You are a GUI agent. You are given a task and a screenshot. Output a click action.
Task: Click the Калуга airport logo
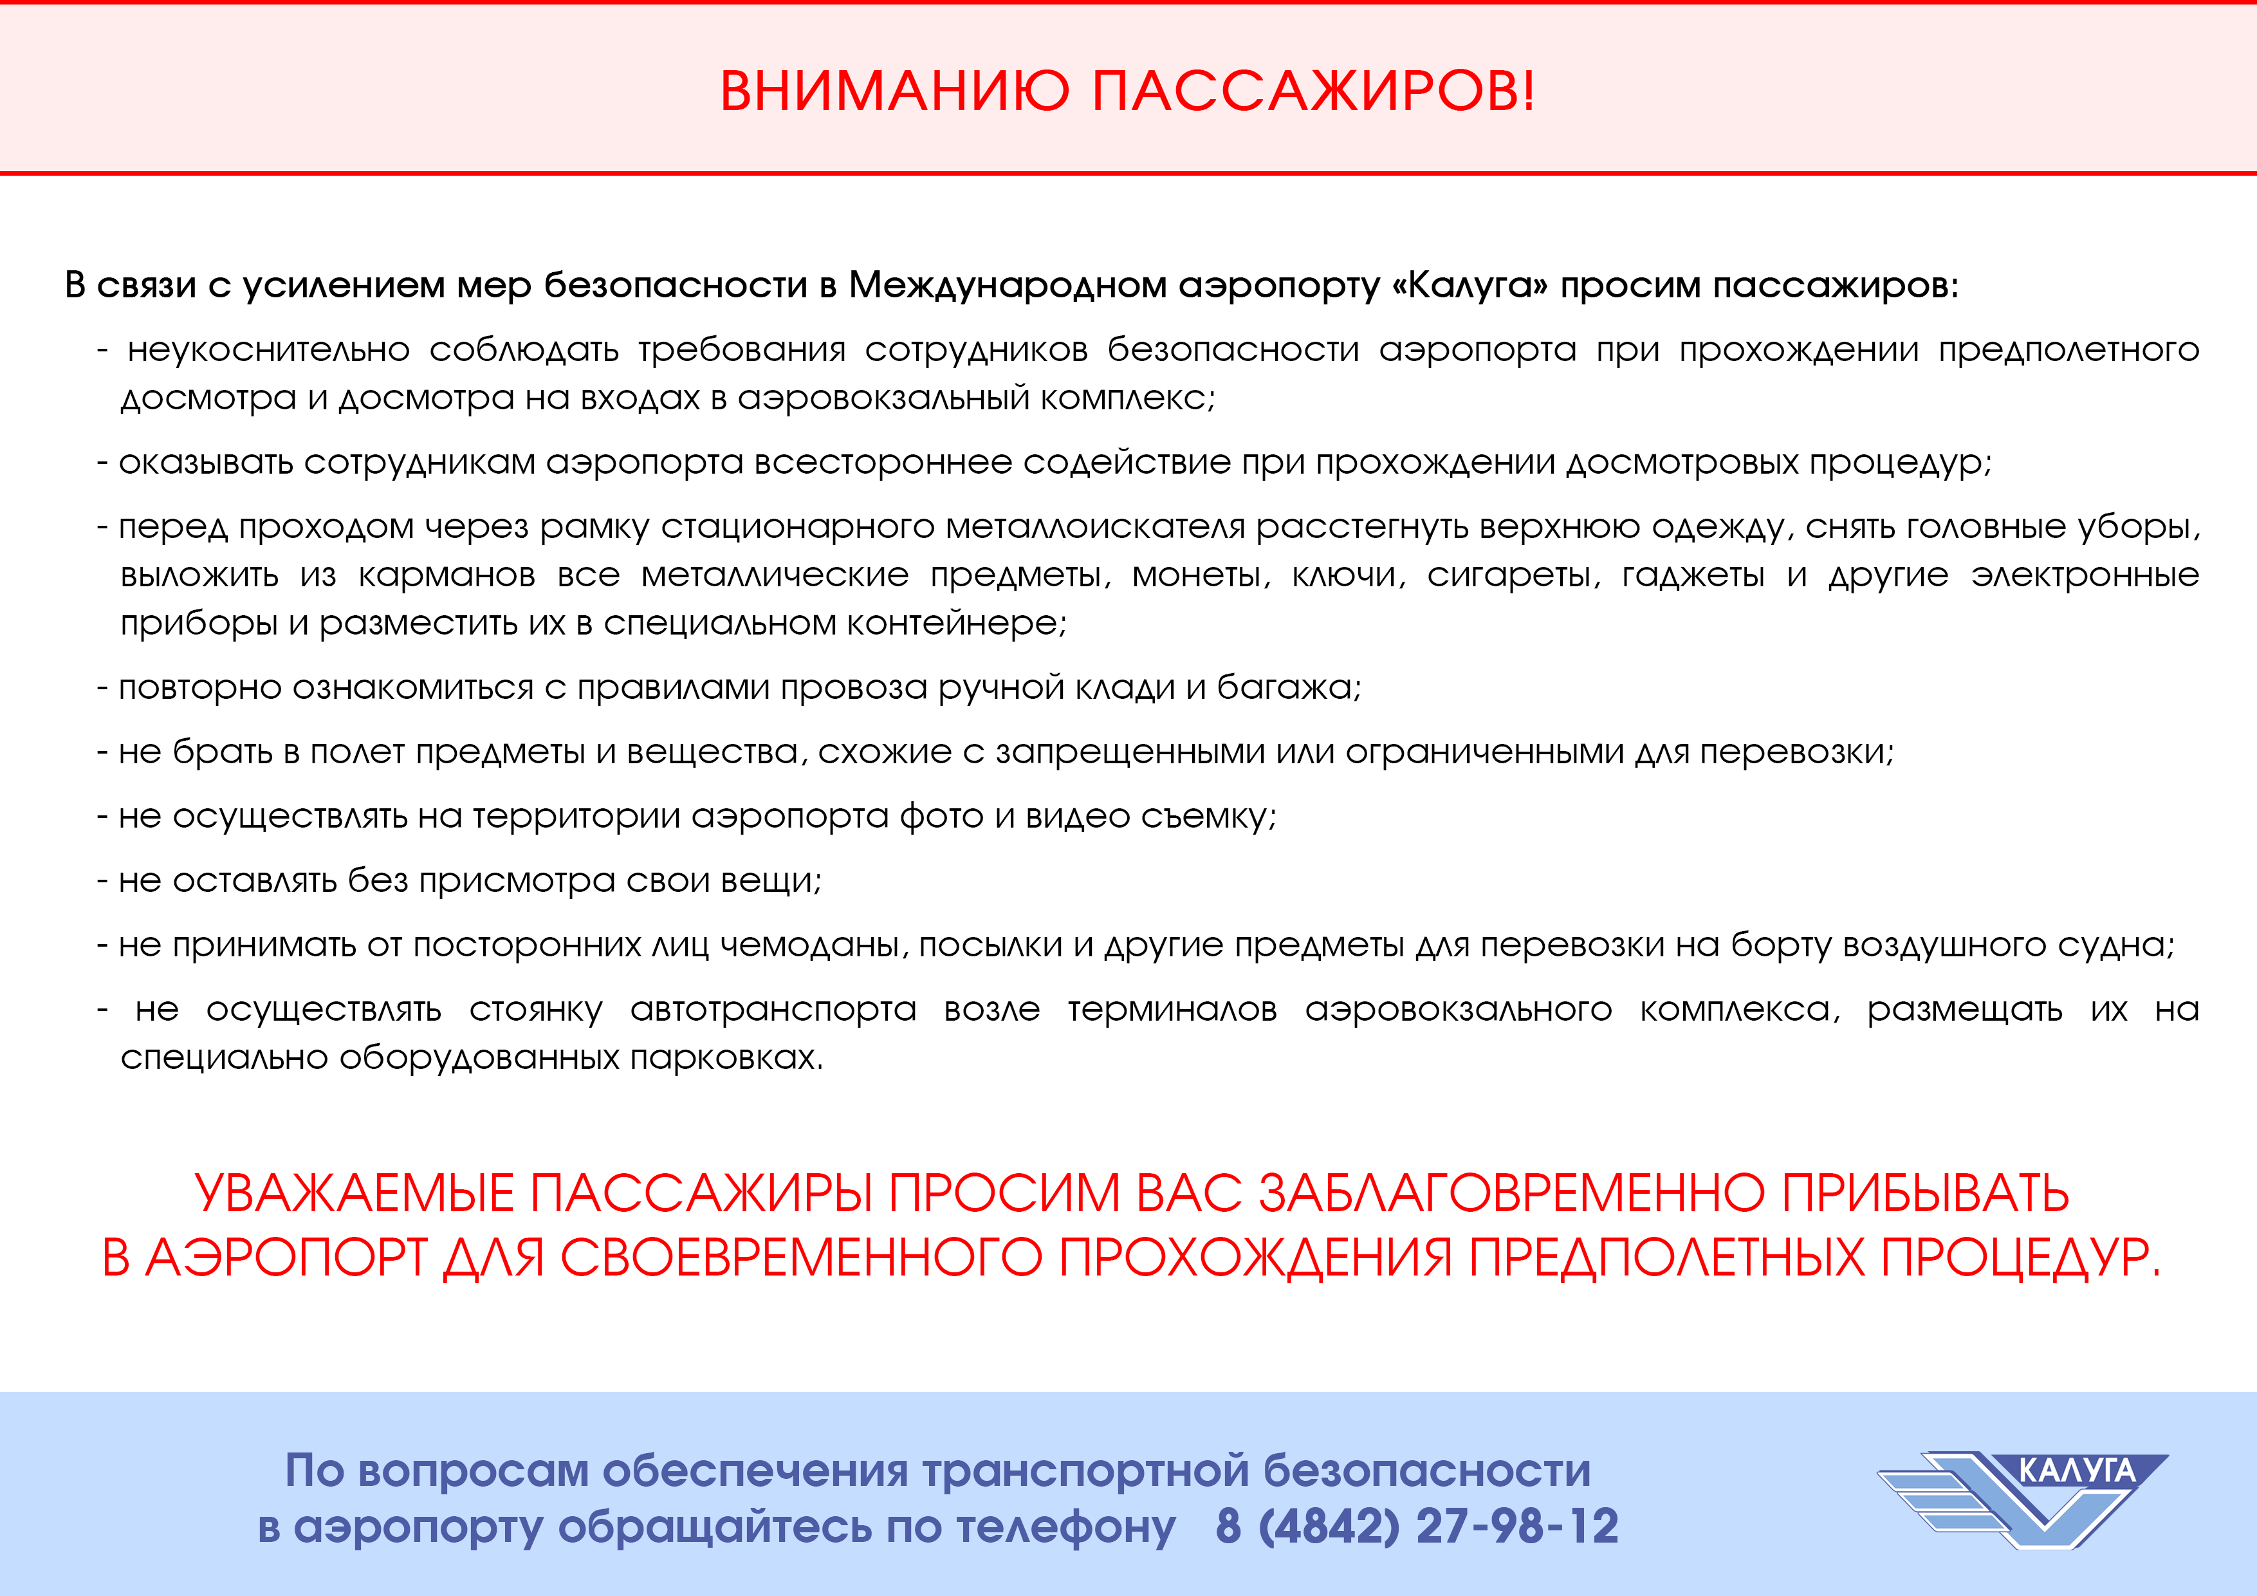[2022, 1501]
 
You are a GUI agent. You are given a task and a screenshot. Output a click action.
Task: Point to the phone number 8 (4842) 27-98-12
[1417, 1526]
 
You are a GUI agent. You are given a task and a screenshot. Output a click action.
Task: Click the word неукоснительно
[268, 350]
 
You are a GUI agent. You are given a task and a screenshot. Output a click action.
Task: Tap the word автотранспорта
[773, 1010]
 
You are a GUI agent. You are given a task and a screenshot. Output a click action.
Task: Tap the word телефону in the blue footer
[1065, 1527]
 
